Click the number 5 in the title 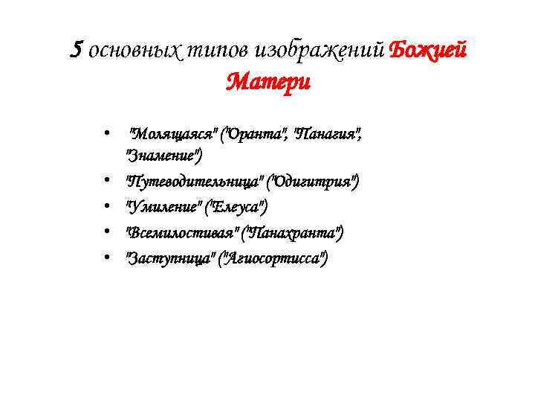(76, 50)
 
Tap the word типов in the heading (217, 51)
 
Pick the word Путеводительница (196, 181)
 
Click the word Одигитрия (317, 181)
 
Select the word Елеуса (239, 206)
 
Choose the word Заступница (169, 258)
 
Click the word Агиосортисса (272, 258)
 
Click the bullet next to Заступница (108, 258)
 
